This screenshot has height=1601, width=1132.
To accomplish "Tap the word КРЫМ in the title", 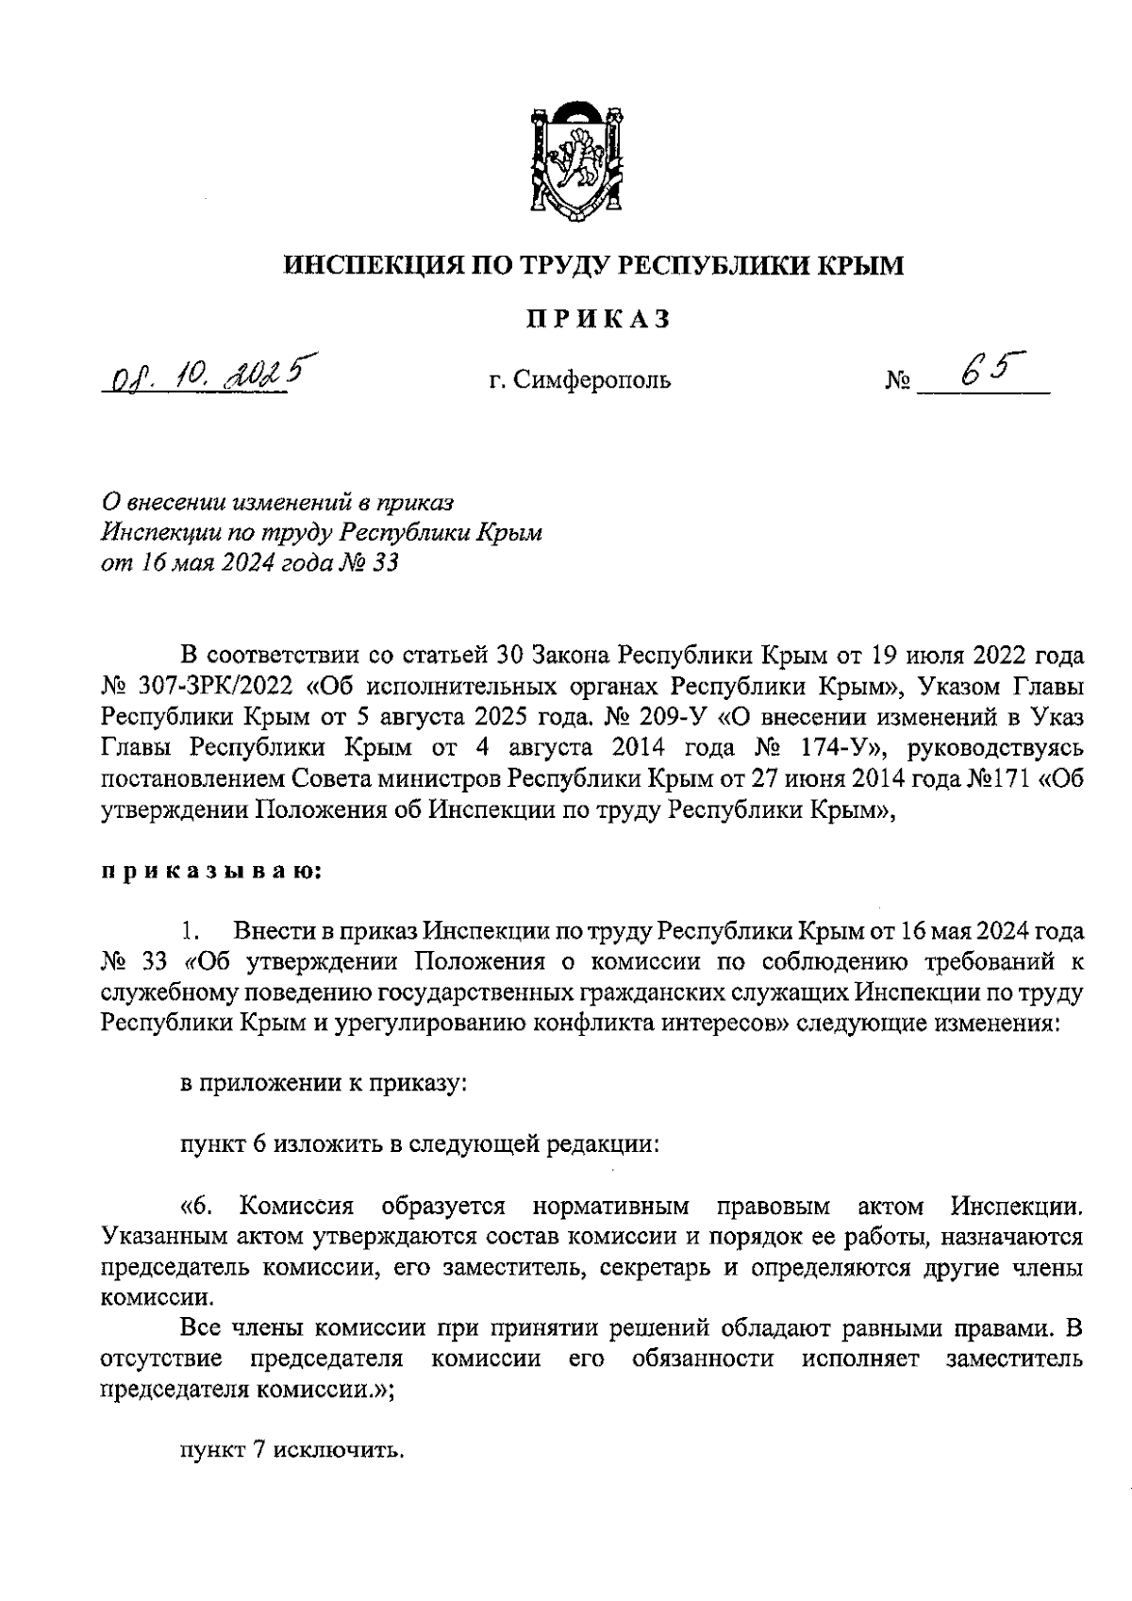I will click(x=852, y=266).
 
